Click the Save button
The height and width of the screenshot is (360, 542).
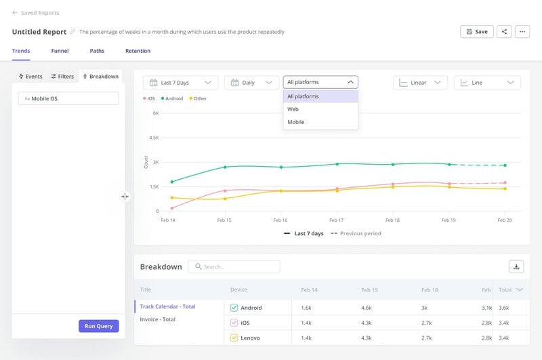click(x=476, y=31)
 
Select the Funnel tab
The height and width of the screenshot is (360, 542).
click(x=60, y=51)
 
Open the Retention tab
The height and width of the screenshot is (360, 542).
click(x=138, y=51)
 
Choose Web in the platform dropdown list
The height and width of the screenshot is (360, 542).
click(x=293, y=109)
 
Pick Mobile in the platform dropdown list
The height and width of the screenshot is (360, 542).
click(x=295, y=122)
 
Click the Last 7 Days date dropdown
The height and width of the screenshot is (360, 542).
click(x=180, y=83)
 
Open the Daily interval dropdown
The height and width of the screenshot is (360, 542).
click(x=251, y=83)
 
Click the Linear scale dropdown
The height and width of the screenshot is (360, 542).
click(x=420, y=83)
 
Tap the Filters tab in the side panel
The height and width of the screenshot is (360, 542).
click(x=62, y=77)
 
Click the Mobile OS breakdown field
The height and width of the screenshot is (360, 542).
click(x=68, y=98)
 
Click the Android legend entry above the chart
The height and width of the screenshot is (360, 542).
click(x=173, y=99)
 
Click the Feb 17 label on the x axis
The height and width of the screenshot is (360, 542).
click(x=336, y=220)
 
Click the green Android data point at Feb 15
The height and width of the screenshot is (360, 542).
click(x=225, y=167)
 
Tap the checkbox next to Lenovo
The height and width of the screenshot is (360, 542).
click(x=234, y=337)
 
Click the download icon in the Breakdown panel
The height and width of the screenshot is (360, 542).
click(x=516, y=266)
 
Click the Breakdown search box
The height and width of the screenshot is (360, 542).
click(x=234, y=266)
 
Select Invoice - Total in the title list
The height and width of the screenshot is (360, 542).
click(x=157, y=319)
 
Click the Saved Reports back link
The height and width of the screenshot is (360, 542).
click(x=36, y=13)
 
